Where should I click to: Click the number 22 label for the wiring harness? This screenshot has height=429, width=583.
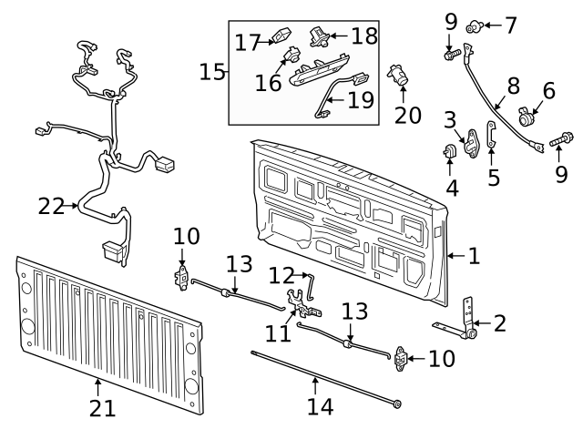tap(51, 207)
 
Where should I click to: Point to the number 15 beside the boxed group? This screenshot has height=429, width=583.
tap(211, 71)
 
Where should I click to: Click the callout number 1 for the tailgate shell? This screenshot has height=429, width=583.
tap(475, 256)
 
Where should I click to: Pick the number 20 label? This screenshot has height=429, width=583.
tap(409, 114)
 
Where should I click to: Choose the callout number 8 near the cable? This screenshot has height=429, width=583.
tap(513, 87)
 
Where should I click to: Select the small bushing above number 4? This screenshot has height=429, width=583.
tap(451, 150)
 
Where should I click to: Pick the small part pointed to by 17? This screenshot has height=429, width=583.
tap(281, 38)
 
